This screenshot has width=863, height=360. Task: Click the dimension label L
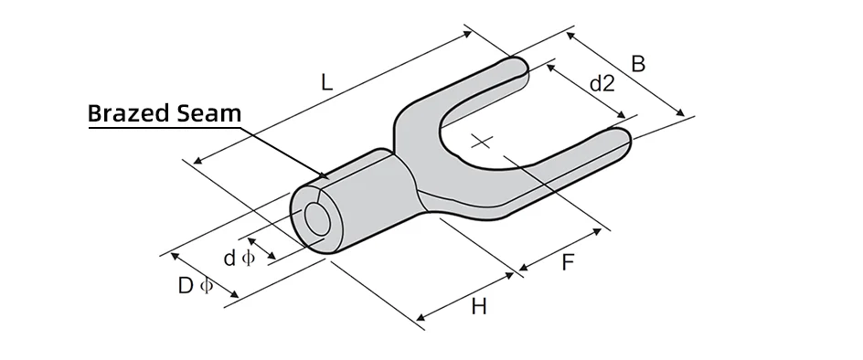pos(327,82)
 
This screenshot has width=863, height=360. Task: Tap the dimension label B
pos(638,64)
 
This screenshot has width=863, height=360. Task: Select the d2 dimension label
pos(602,84)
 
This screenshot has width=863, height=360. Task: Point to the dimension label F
pos(568,263)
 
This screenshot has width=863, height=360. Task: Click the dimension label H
pos(479,307)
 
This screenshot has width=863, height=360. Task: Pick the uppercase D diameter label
pos(186,286)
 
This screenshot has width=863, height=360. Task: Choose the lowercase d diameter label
pos(230,258)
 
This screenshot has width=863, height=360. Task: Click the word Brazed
pos(129,113)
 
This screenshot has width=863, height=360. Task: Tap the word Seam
pos(209,113)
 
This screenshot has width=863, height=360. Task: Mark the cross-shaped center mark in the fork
pos(482,142)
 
